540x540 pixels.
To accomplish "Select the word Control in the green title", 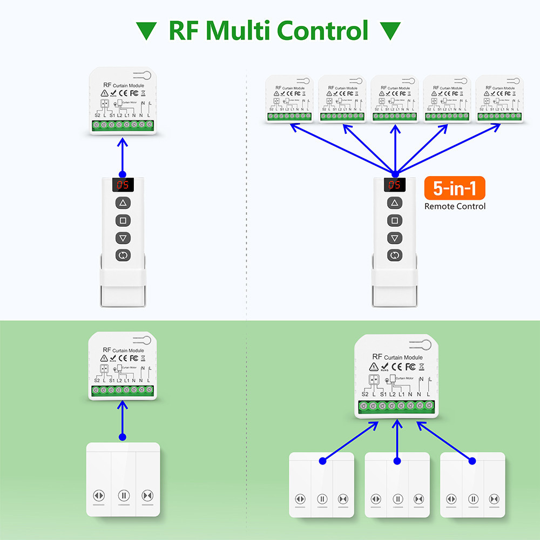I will click(323, 31).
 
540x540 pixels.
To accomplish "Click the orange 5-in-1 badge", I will click(455, 189).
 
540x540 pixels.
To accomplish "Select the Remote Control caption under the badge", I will click(455, 206).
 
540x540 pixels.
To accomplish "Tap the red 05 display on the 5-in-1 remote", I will click(395, 185).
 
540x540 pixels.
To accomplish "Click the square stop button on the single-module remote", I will click(123, 220).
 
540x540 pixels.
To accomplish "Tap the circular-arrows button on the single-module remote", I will click(123, 255).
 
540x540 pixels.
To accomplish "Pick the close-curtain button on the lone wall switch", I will click(147, 495).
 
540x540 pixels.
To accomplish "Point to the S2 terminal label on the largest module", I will click(365, 394).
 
